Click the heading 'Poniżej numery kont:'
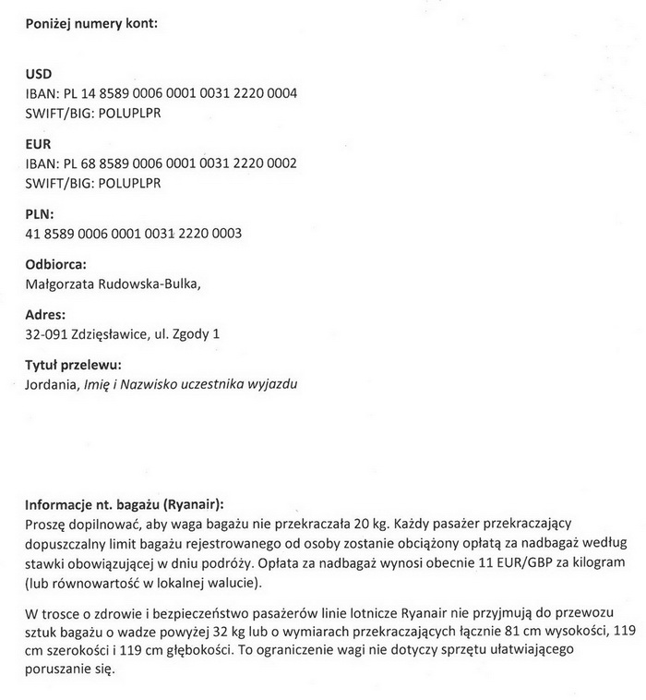(x=90, y=23)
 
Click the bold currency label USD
(x=39, y=74)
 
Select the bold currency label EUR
(x=38, y=144)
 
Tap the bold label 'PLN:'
(x=41, y=214)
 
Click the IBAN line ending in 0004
(x=161, y=93)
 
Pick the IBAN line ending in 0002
(x=161, y=163)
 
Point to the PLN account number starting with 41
(x=134, y=234)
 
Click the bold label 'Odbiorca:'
(x=55, y=264)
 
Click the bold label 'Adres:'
(x=44, y=314)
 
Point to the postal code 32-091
(x=46, y=333)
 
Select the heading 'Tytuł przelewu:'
(x=73, y=364)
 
